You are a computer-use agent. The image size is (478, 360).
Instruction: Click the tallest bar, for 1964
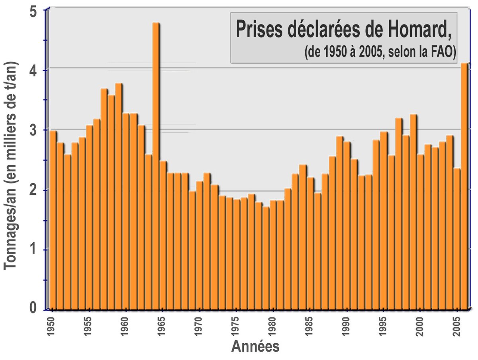click(156, 166)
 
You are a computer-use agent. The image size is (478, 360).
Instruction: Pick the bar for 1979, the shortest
click(266, 258)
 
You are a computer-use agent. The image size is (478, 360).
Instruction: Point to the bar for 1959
click(119, 197)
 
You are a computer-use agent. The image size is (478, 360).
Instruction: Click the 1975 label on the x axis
click(235, 327)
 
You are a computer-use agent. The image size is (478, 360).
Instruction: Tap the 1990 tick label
click(346, 327)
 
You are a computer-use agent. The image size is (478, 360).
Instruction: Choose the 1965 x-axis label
click(162, 327)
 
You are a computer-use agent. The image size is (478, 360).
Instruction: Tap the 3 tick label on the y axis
click(33, 130)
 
